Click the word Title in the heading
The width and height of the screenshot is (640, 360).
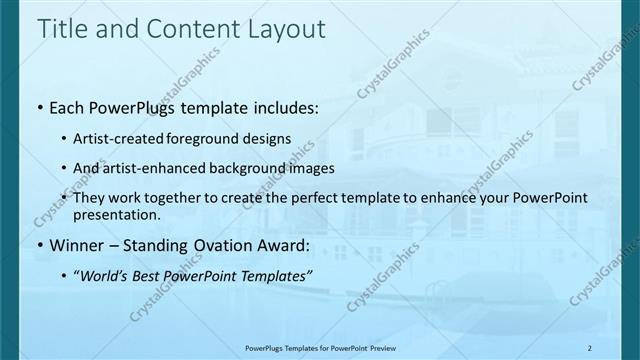[61, 29]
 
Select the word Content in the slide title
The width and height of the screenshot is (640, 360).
[188, 29]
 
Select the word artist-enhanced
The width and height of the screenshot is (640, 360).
[164, 168]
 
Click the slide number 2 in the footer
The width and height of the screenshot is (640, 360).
[590, 348]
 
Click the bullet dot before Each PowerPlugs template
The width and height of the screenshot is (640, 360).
[39, 108]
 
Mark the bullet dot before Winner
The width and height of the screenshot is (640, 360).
[39, 244]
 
